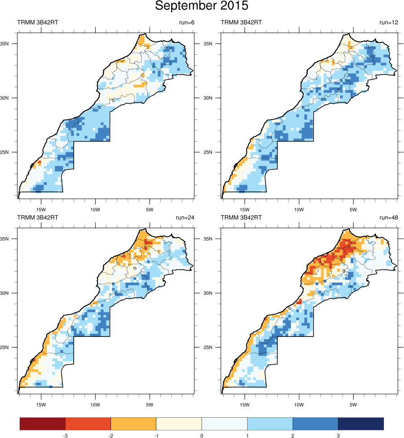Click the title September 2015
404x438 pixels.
tap(201, 6)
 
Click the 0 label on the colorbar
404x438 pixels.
tap(201, 435)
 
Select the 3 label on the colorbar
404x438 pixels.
tap(337, 435)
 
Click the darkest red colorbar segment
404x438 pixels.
tap(43, 424)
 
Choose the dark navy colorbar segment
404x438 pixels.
tap(360, 424)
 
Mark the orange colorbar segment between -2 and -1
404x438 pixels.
tap(133, 424)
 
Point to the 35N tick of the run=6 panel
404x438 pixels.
tap(10, 44)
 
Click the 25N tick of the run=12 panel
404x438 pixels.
tap(214, 152)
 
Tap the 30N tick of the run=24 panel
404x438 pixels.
tap(10, 293)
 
